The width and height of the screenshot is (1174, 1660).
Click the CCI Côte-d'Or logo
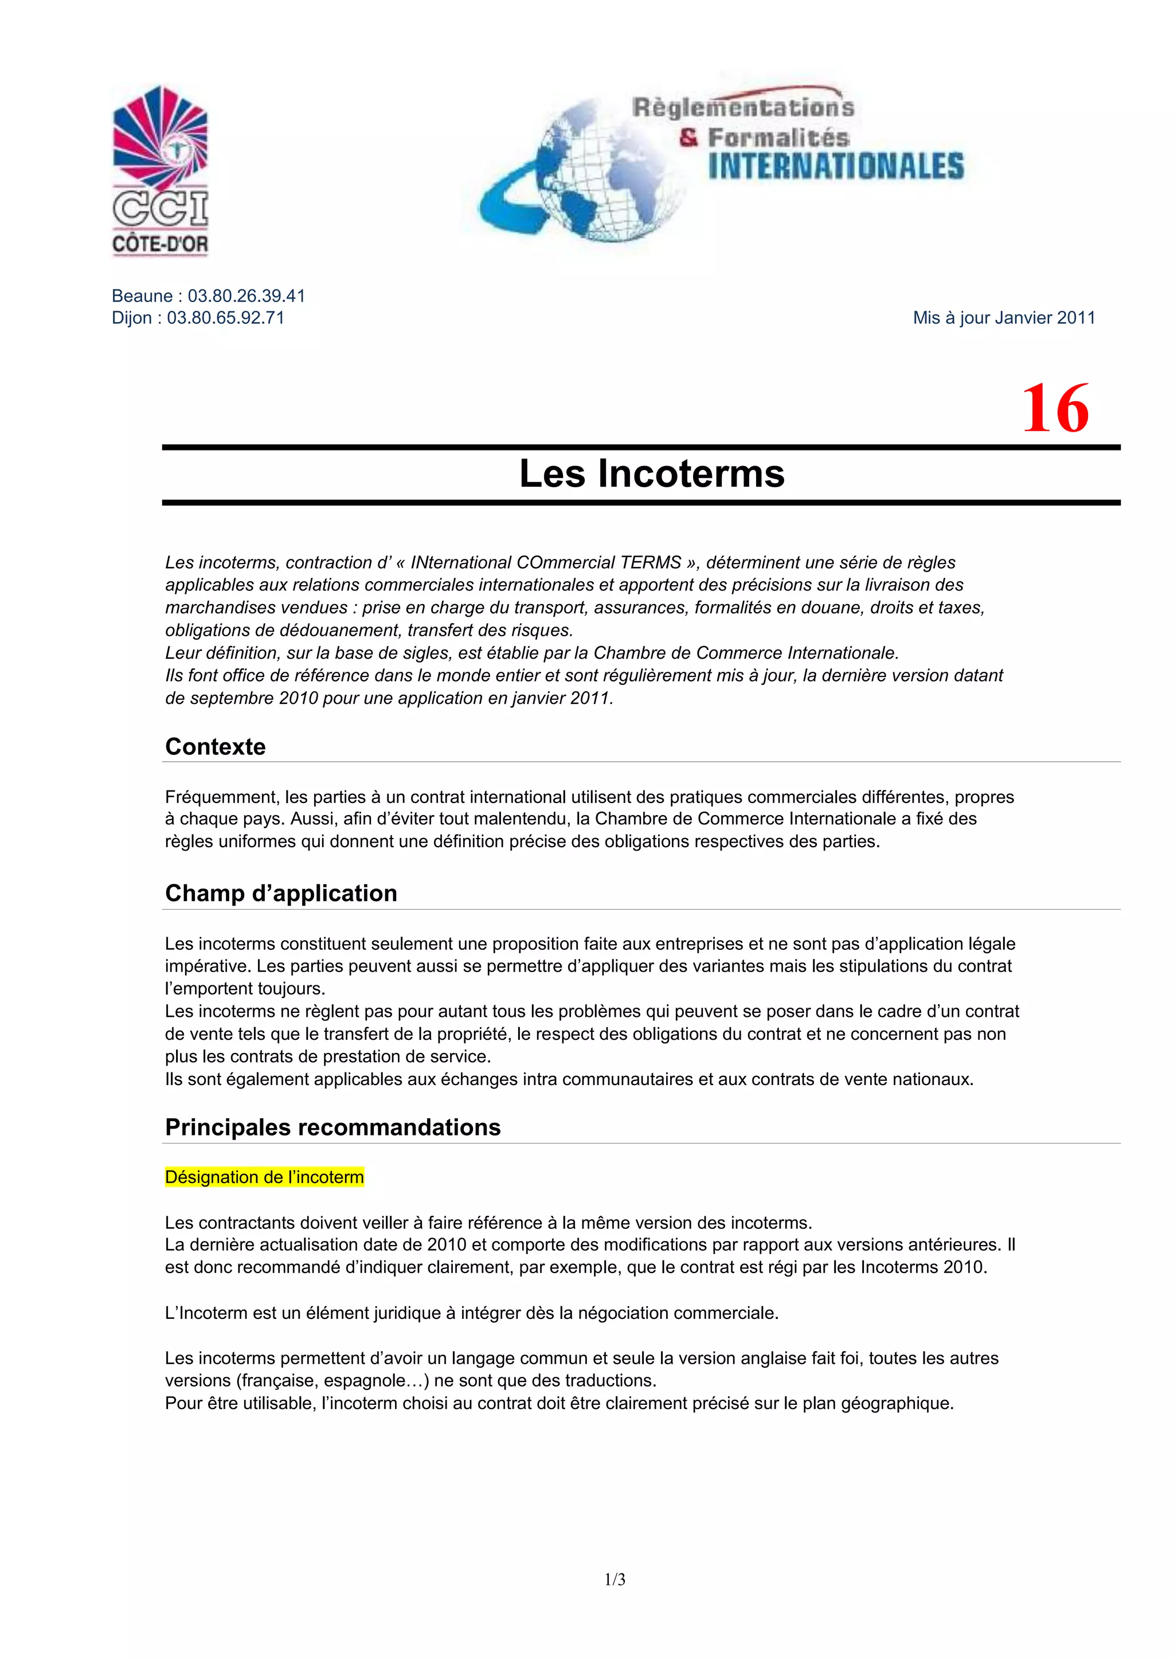coord(161,171)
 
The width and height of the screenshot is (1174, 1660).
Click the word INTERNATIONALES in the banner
coord(836,166)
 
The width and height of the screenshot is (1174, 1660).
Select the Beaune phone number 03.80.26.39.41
coord(246,296)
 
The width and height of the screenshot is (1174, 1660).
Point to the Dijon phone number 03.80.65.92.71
coord(225,318)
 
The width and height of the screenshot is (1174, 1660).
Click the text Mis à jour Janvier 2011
coord(1003,318)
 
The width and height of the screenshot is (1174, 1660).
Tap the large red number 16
coord(1055,409)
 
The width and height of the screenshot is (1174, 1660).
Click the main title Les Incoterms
coord(651,473)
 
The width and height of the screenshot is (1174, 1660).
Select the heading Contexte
coord(216,747)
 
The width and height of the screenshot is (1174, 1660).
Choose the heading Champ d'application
coord(281,894)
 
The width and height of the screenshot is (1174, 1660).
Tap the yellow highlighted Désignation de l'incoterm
coord(265,1177)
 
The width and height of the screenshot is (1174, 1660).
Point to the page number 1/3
coord(615,1580)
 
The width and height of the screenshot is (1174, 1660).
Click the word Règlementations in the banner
coord(742,108)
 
